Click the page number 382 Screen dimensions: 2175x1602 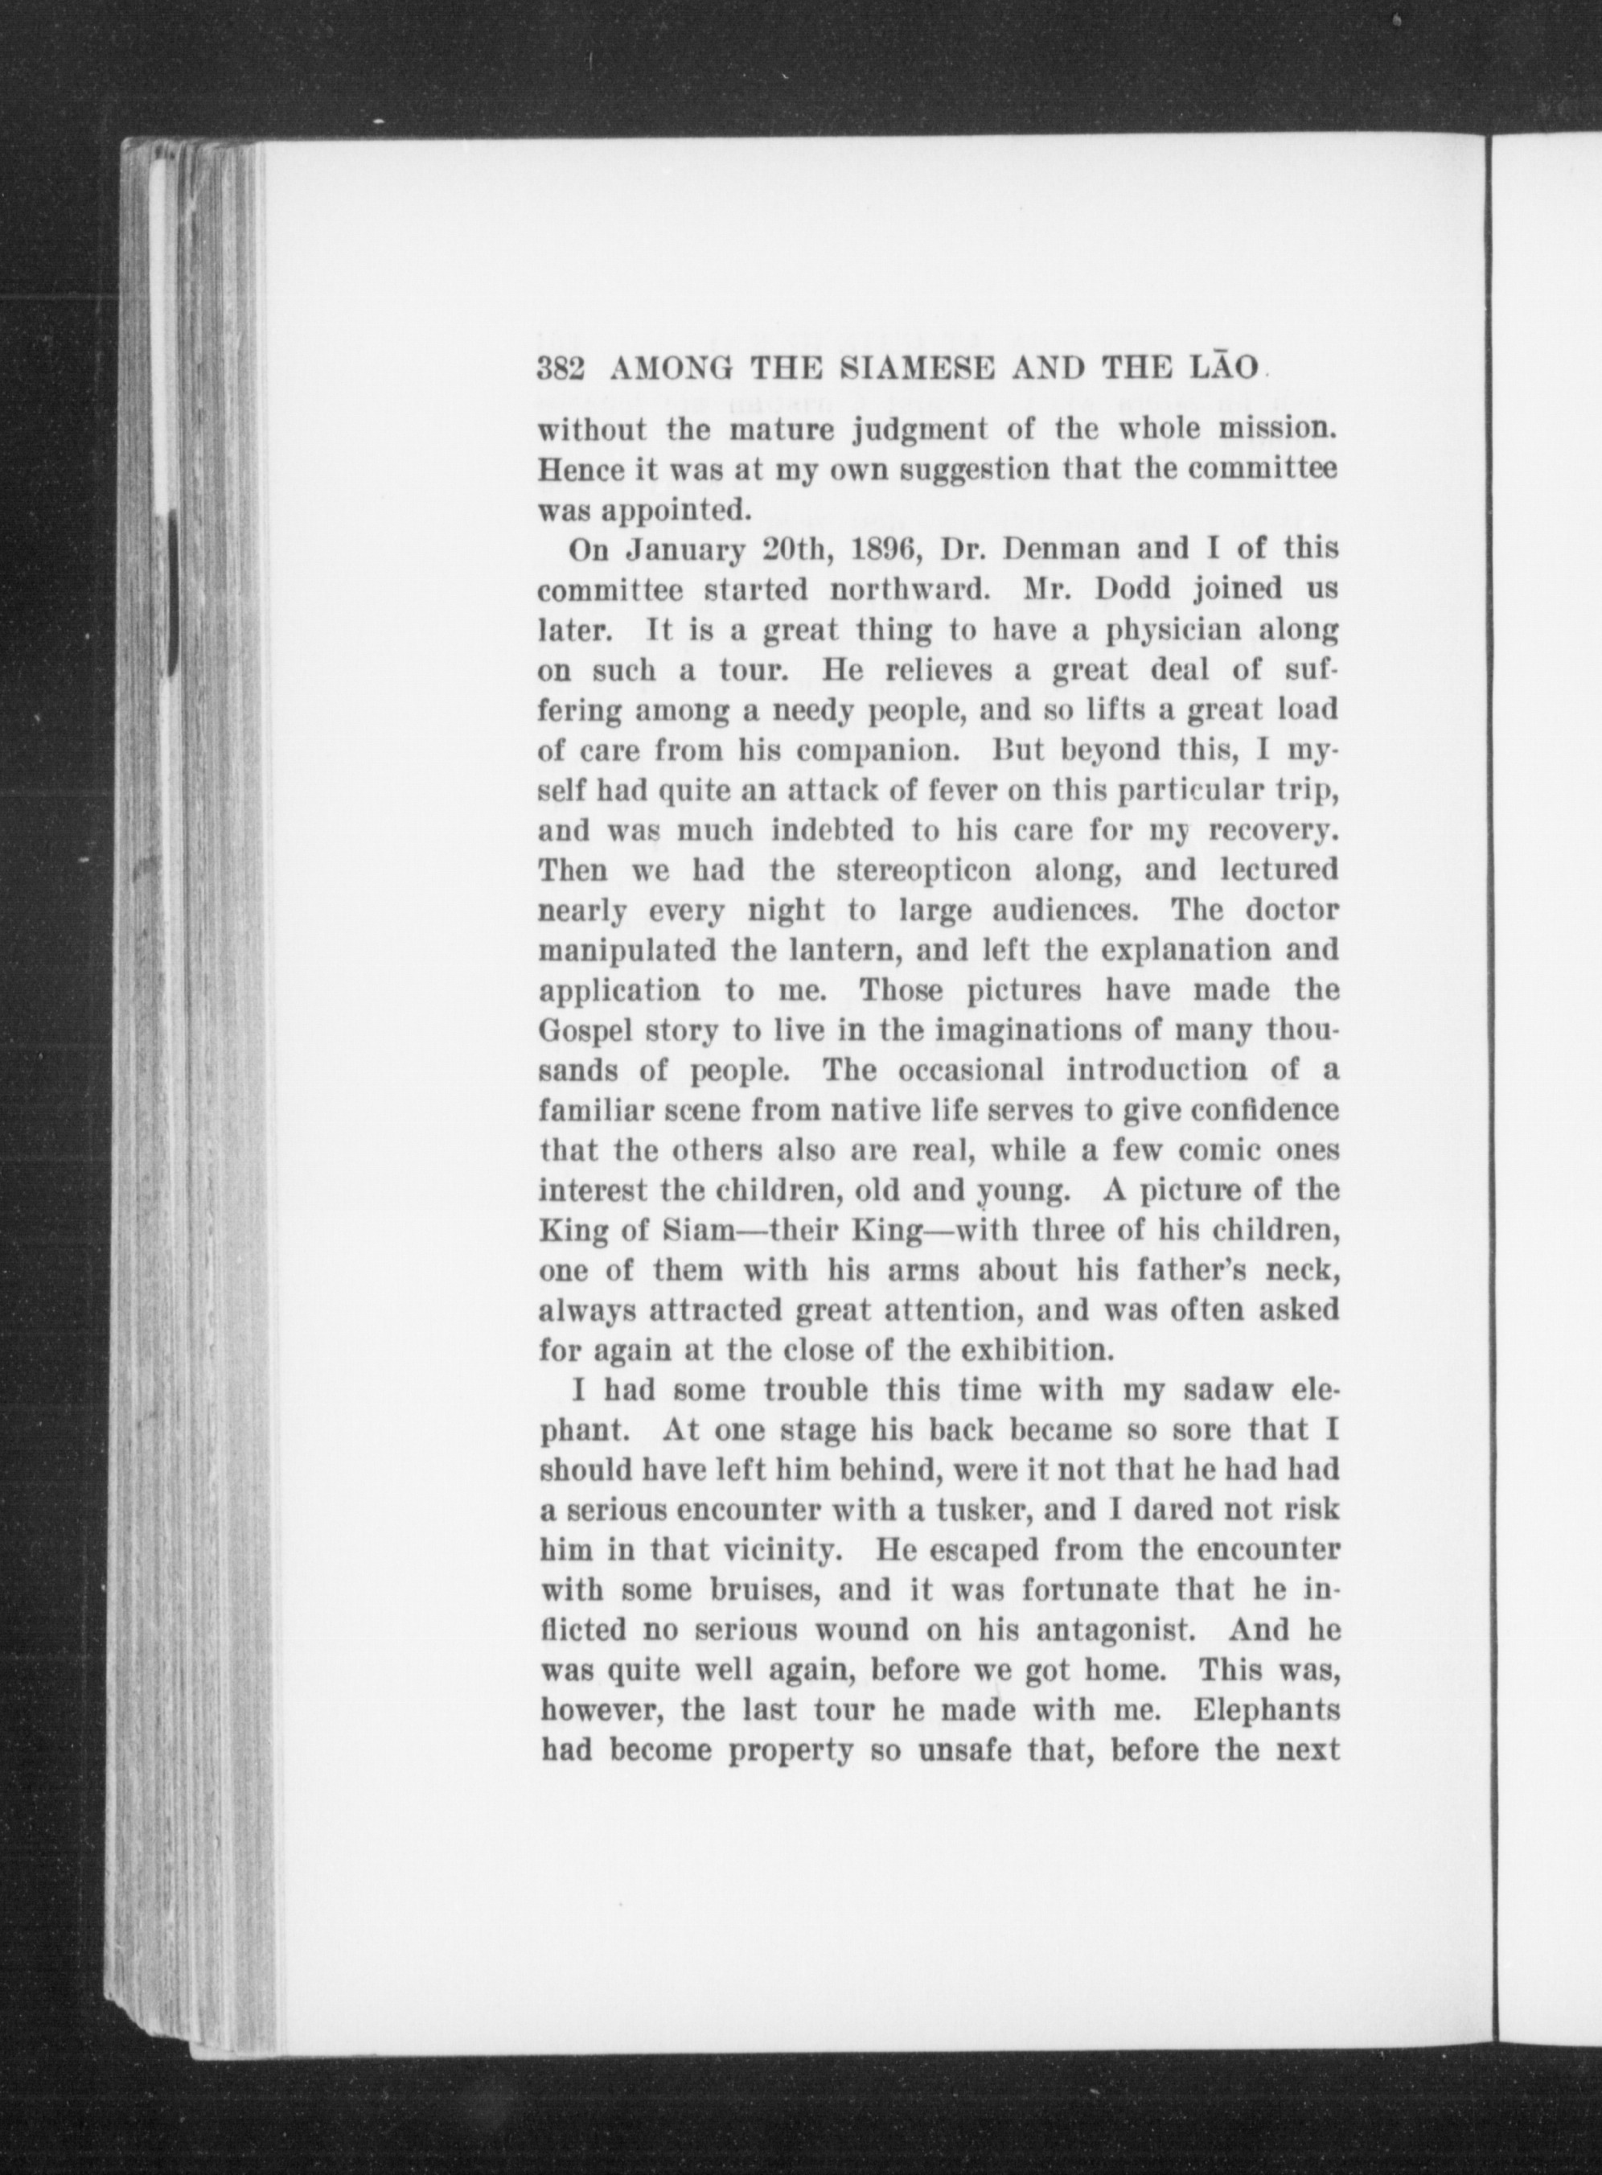click(x=560, y=371)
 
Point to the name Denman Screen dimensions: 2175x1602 click(x=1059, y=550)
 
